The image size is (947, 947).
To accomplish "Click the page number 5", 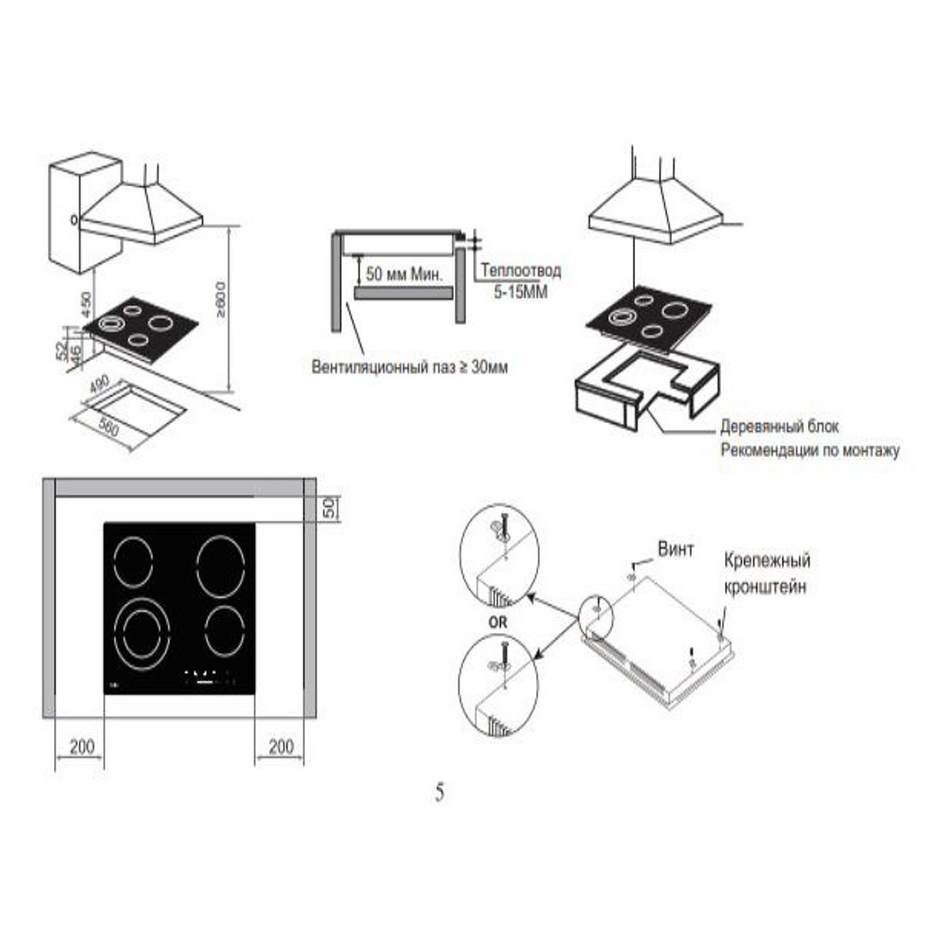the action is [x=440, y=793].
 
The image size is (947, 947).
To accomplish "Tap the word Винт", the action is [x=676, y=549].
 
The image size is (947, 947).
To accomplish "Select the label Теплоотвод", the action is [x=521, y=270].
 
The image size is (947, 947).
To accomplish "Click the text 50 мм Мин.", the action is [x=404, y=274].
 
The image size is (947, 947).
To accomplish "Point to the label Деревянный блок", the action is [x=779, y=427].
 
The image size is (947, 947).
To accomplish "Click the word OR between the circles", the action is [x=498, y=623].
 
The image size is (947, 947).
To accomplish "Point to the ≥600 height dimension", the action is [x=221, y=299].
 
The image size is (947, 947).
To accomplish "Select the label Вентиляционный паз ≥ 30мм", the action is [x=410, y=367].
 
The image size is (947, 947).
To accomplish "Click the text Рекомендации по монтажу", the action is [x=810, y=451].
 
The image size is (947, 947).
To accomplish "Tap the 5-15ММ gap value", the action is [x=520, y=293].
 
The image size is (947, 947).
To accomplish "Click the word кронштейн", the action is [x=765, y=587].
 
